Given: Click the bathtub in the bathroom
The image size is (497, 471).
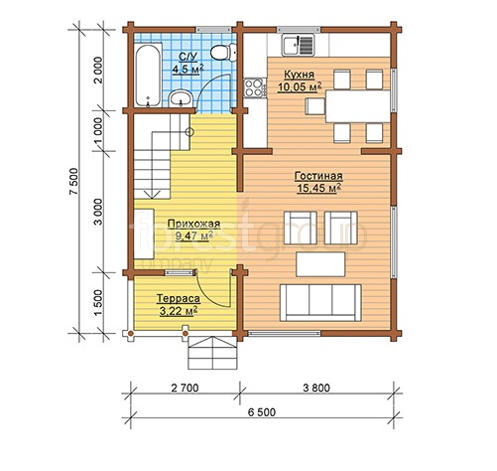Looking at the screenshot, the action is pyautogui.click(x=148, y=76).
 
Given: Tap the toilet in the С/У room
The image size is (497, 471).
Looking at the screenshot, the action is pyautogui.click(x=223, y=53).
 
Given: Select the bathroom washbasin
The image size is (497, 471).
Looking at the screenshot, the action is pyautogui.click(x=181, y=98).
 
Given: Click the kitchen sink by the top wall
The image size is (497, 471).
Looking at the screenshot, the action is pyautogui.click(x=298, y=46).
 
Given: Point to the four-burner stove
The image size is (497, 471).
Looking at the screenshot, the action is pyautogui.click(x=255, y=87).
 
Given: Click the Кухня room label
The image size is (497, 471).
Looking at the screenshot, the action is pyautogui.click(x=300, y=75).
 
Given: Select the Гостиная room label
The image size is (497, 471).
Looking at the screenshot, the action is pyautogui.click(x=318, y=176).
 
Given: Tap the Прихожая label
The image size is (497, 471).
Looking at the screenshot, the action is pyautogui.click(x=193, y=224).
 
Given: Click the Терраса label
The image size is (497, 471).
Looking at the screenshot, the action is pyautogui.click(x=179, y=298).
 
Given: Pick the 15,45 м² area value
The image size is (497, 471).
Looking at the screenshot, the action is pyautogui.click(x=319, y=188).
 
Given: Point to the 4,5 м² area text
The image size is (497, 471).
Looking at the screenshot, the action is pyautogui.click(x=187, y=69).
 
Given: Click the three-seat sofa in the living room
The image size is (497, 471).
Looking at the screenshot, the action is pyautogui.click(x=320, y=303).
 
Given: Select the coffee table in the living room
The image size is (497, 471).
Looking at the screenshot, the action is pyautogui.click(x=320, y=264).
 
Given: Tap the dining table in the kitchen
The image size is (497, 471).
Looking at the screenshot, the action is pyautogui.click(x=358, y=106).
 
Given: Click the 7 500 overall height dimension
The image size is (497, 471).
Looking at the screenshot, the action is pyautogui.click(x=74, y=182).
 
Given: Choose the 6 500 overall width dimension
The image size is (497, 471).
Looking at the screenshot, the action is pyautogui.click(x=262, y=412).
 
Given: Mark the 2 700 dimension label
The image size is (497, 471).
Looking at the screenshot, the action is pyautogui.click(x=185, y=388).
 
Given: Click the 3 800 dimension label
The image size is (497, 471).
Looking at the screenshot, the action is pyautogui.click(x=316, y=388).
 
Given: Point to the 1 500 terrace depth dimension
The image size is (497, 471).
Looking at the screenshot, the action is pyautogui.click(x=99, y=303).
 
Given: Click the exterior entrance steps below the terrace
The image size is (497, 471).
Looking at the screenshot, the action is pyautogui.click(x=213, y=353).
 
